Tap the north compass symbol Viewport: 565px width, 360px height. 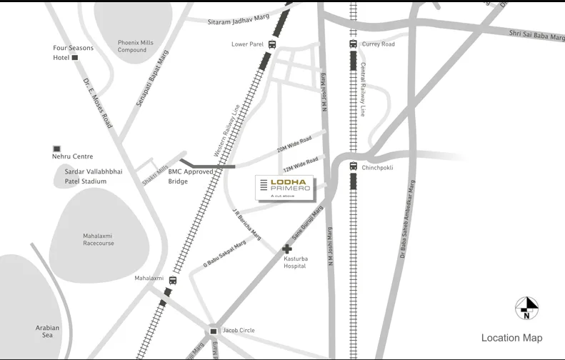(526, 307)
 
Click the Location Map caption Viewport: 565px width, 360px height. (511, 338)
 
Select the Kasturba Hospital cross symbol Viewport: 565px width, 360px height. (287, 249)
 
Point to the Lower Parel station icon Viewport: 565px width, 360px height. (272, 44)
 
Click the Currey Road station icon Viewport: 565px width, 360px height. (353, 44)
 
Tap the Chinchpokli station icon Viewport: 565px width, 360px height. (353, 166)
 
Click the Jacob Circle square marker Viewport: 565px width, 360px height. (213, 331)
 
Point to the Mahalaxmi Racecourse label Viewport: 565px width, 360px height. (98, 239)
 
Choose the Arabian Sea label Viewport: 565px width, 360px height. (48, 331)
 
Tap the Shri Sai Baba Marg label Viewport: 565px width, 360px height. (536, 35)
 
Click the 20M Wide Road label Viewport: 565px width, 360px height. (294, 145)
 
